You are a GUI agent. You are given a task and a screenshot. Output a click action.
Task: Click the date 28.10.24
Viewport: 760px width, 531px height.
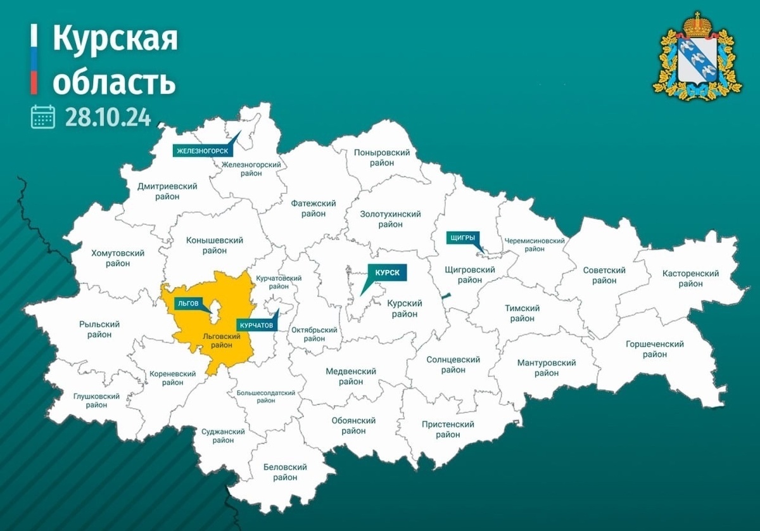pos(108,117)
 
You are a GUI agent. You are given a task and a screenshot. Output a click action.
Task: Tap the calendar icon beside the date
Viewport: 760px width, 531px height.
pos(43,117)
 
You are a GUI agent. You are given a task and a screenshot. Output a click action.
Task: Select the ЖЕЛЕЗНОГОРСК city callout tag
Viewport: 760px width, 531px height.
pos(202,151)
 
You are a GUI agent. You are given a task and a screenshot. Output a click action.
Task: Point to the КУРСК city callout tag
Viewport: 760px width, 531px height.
pos(387,272)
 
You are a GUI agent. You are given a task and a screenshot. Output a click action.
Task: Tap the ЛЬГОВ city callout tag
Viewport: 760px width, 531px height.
pos(187,304)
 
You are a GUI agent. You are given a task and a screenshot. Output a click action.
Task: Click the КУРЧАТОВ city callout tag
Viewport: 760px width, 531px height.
pos(256,324)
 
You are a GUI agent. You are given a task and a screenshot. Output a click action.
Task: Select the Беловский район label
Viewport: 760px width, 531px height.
pos(285,472)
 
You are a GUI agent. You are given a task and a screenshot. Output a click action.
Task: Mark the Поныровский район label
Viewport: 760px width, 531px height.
pos(383,158)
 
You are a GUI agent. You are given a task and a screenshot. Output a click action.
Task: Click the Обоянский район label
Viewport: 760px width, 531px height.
pos(353,426)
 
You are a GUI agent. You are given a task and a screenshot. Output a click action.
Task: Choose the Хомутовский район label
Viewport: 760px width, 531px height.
pos(118,258)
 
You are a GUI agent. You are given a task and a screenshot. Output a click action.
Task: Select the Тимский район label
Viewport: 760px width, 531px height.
pos(522,313)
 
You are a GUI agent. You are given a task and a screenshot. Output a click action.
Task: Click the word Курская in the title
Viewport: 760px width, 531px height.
pos(115,39)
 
